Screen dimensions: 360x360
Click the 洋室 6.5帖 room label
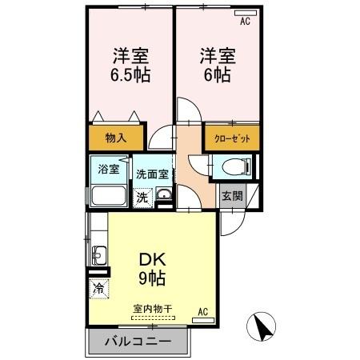[132, 66]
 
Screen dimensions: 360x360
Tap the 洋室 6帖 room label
[216, 66]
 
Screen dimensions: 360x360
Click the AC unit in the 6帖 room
[245, 22]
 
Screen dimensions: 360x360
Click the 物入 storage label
[117, 138]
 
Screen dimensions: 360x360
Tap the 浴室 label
[108, 169]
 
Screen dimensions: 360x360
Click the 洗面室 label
[151, 174]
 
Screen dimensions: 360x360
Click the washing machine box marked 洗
[142, 197]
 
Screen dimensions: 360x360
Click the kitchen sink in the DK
[98, 257]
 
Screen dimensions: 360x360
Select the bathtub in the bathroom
[108, 197]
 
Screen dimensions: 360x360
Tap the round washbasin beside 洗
[162, 196]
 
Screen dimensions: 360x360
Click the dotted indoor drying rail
[152, 318]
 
